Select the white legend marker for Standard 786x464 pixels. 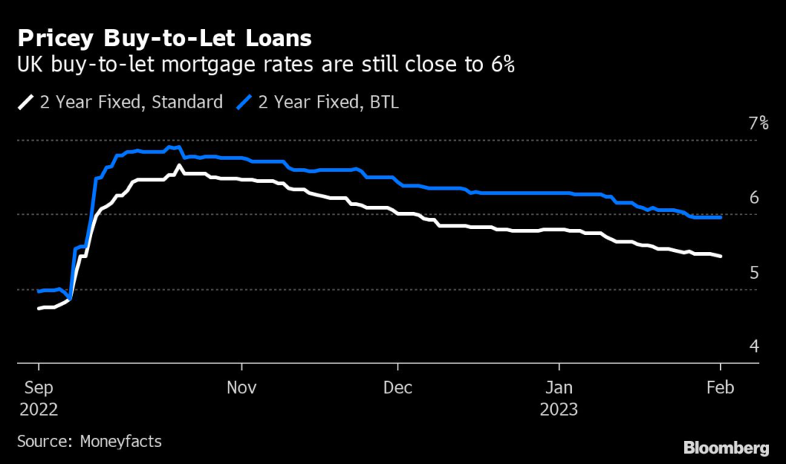pyautogui.click(x=24, y=102)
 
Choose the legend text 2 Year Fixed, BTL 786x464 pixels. pyautogui.click(x=329, y=102)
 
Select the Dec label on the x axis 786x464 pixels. pyautogui.click(x=398, y=388)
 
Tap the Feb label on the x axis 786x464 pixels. pyautogui.click(x=719, y=388)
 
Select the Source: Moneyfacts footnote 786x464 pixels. pyautogui.click(x=89, y=442)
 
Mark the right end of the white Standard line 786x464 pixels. pyautogui.click(x=720, y=257)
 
